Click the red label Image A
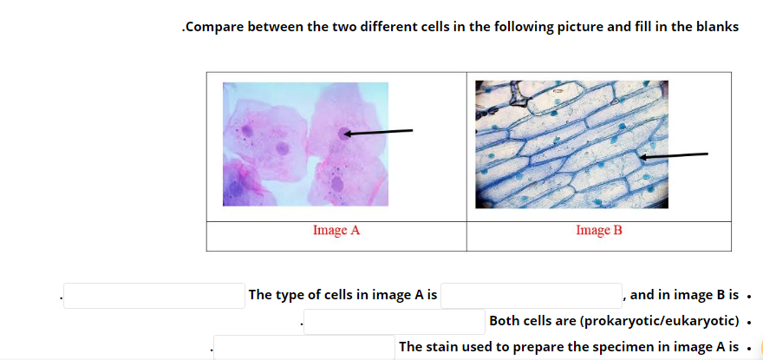336,230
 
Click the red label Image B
599,230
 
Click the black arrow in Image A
378,132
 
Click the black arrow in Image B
674,155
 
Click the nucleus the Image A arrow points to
344,134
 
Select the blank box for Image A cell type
531,296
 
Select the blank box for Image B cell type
154,296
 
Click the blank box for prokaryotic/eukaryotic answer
395,322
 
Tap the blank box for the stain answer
304,347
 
